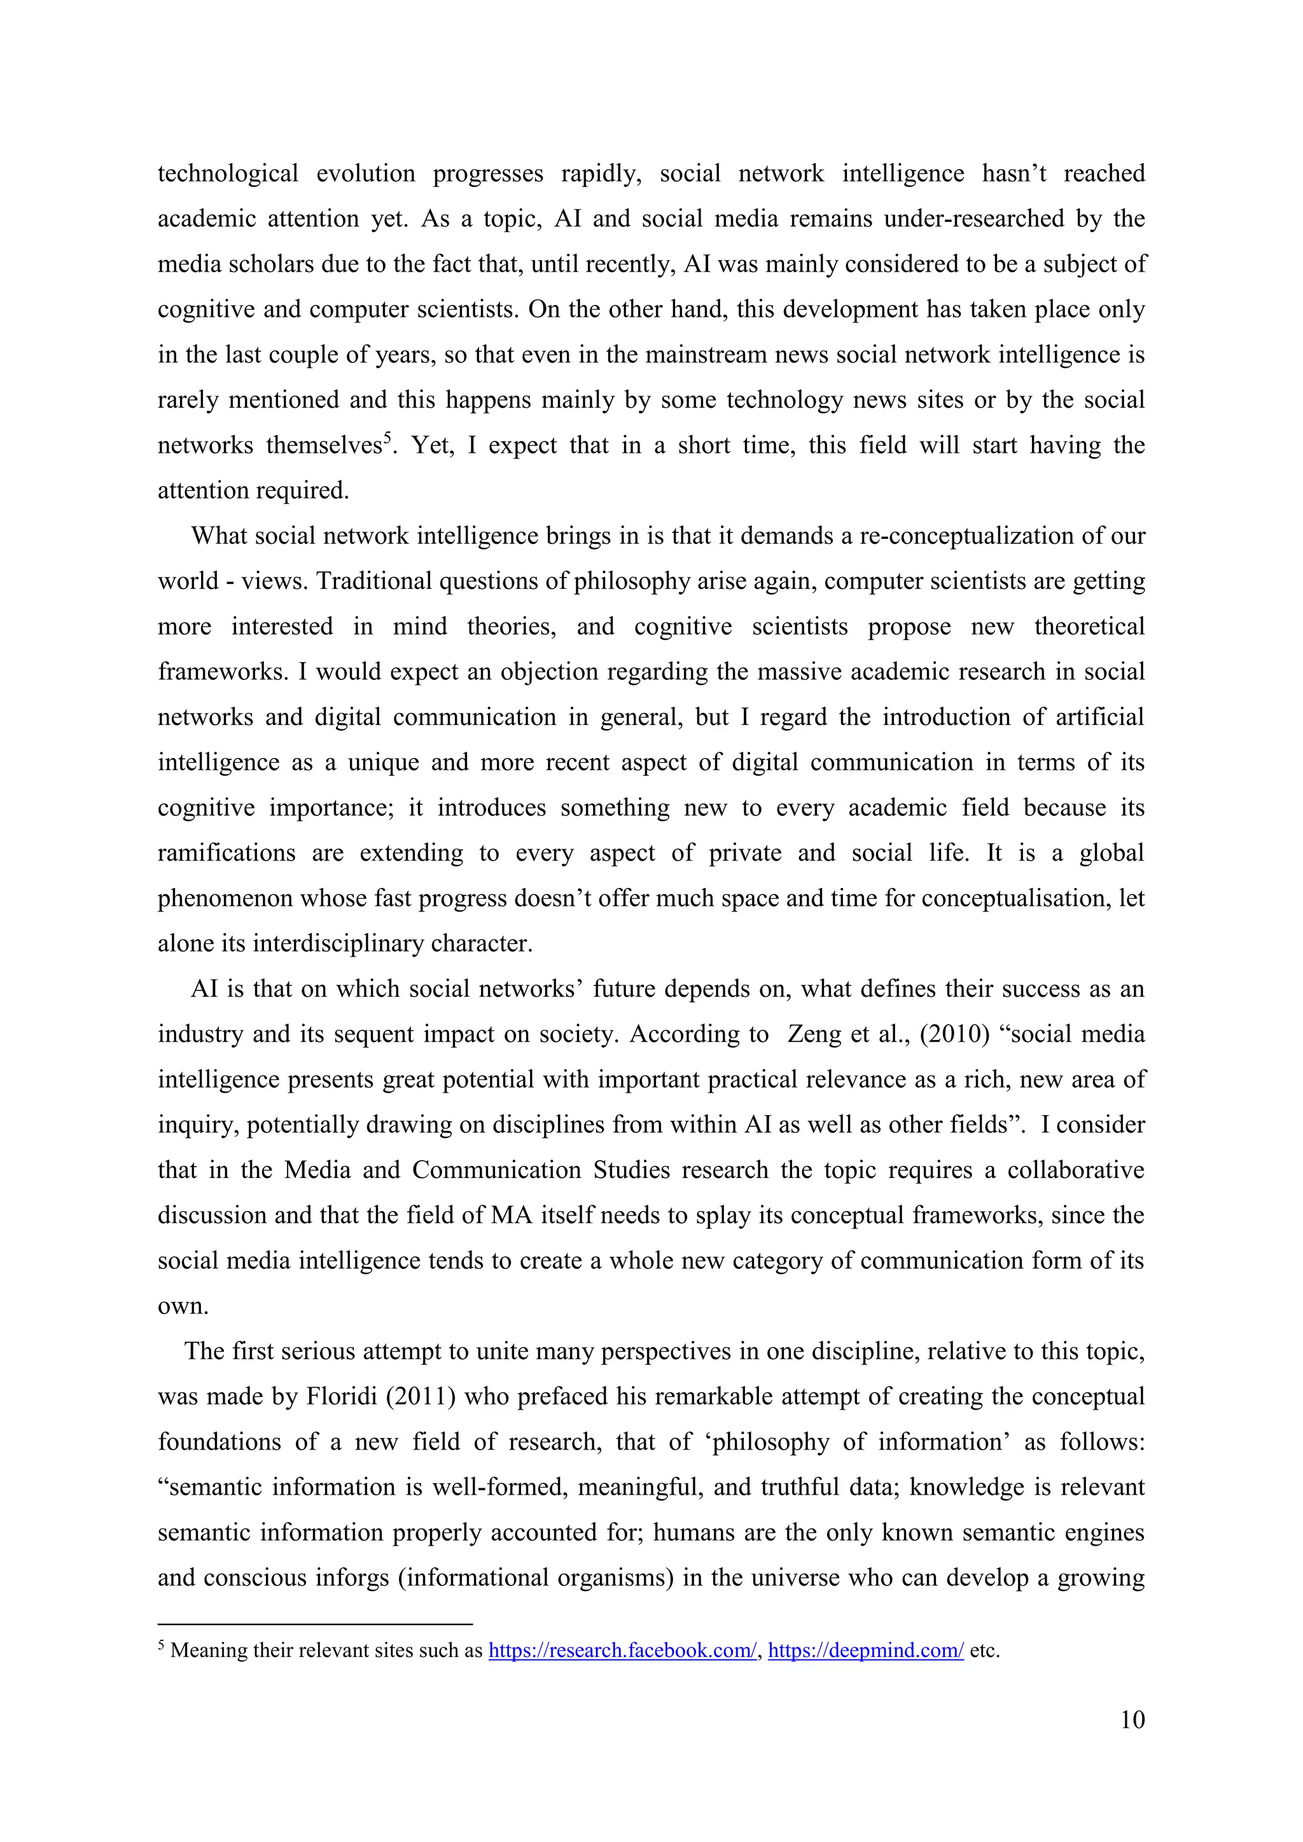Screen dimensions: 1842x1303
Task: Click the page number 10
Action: [1132, 1720]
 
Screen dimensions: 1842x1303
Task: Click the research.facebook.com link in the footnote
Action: [622, 1651]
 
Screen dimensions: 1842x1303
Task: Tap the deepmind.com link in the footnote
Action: [865, 1651]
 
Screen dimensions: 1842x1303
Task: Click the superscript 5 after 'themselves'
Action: [387, 437]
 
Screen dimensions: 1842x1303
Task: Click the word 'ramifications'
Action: [226, 853]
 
